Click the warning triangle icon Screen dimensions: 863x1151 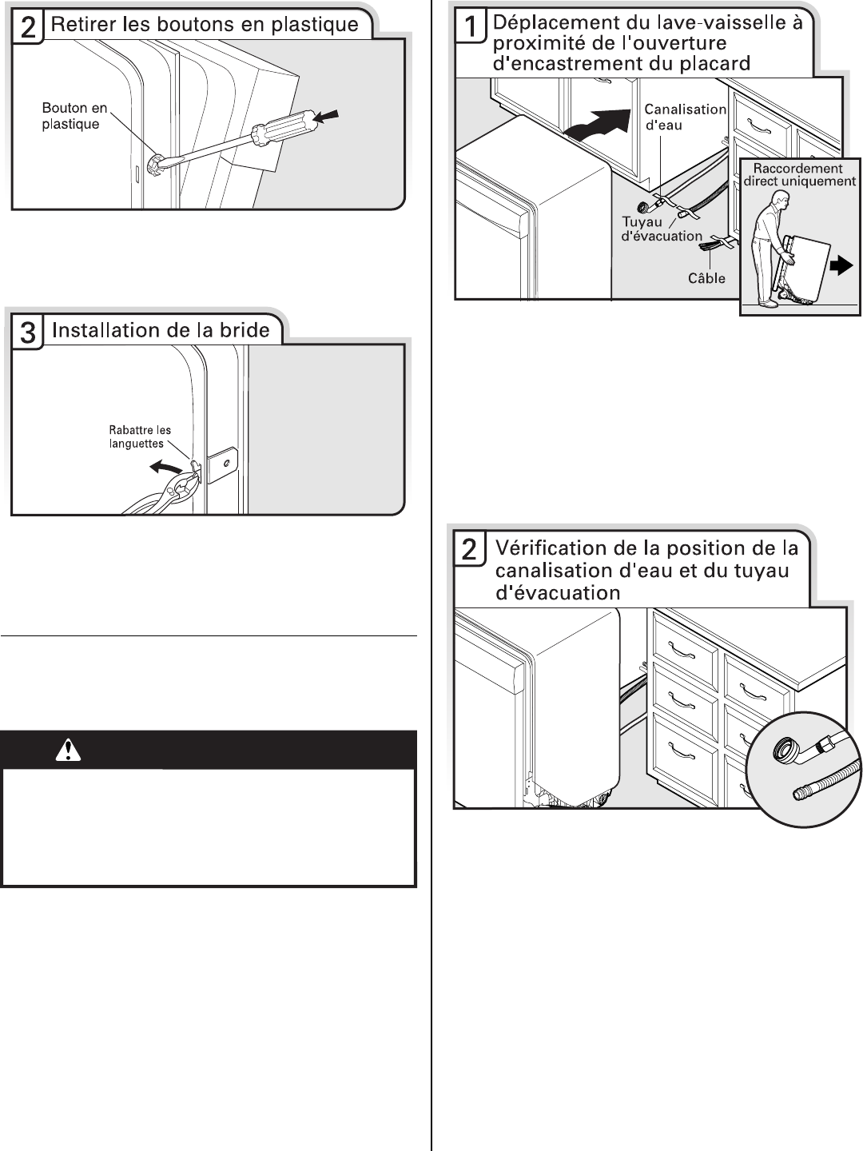tap(69, 750)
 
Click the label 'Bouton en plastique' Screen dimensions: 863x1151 tap(74, 116)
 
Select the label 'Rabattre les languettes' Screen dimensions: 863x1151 tap(140, 437)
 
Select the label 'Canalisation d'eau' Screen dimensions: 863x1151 tap(685, 117)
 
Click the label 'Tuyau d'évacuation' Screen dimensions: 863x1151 tap(662, 229)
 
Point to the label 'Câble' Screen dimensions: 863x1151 tap(706, 278)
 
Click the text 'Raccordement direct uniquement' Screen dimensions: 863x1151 tap(799, 175)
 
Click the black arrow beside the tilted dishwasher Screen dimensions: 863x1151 tap(841, 268)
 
